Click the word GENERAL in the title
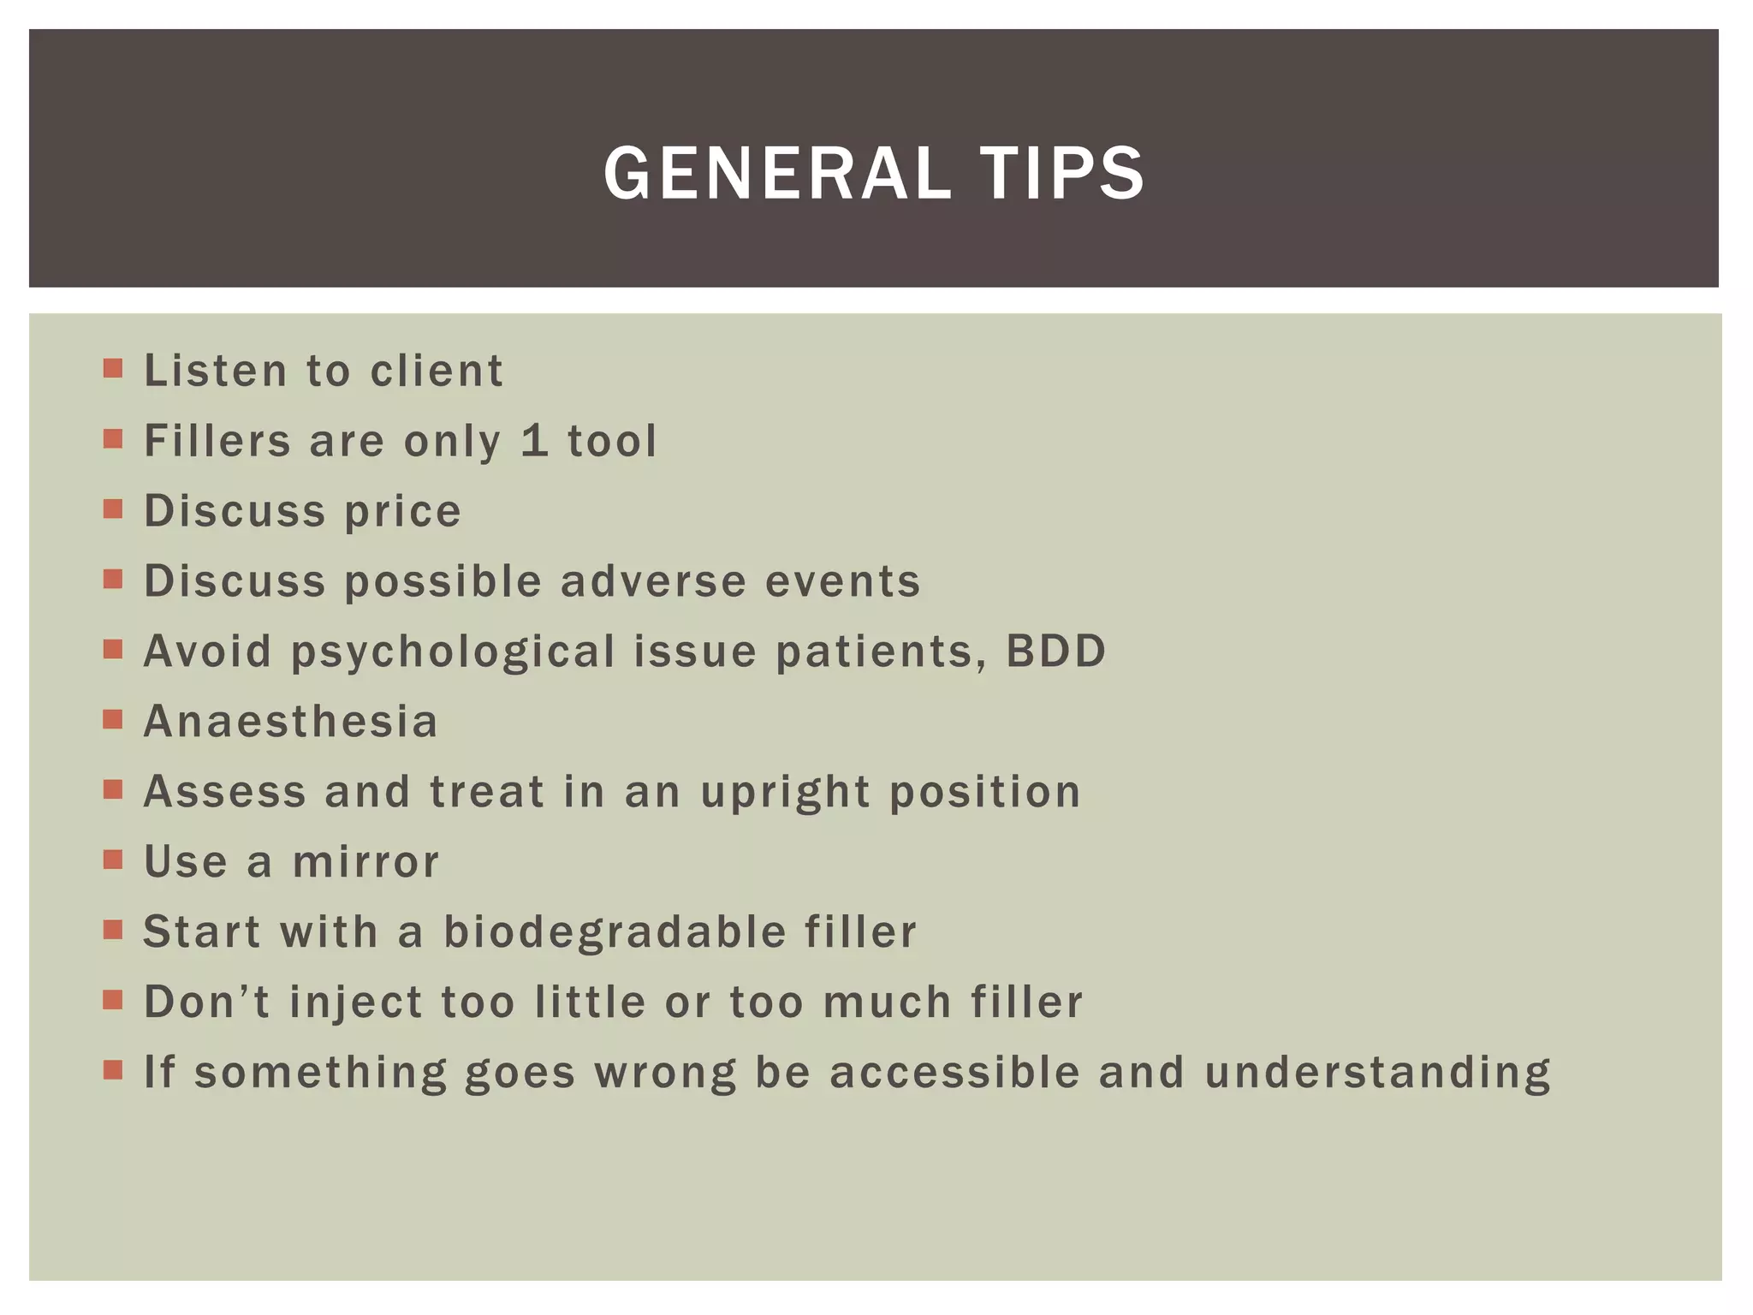pyautogui.click(x=777, y=174)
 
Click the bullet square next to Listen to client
pyautogui.click(x=112, y=369)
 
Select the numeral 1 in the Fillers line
pyautogui.click(x=534, y=440)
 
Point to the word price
pyautogui.click(x=402, y=512)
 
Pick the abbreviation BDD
pyautogui.click(x=1055, y=651)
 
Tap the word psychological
pyautogui.click(x=453, y=652)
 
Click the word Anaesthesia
pyautogui.click(x=291, y=721)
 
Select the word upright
pyautogui.click(x=785, y=793)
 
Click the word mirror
pyautogui.click(x=365, y=862)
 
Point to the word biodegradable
pyautogui.click(x=615, y=932)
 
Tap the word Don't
pyautogui.click(x=206, y=1002)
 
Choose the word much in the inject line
pyautogui.click(x=887, y=1002)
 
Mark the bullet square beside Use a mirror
pyautogui.click(x=112, y=860)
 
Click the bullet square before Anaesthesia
pyautogui.click(x=112, y=719)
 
